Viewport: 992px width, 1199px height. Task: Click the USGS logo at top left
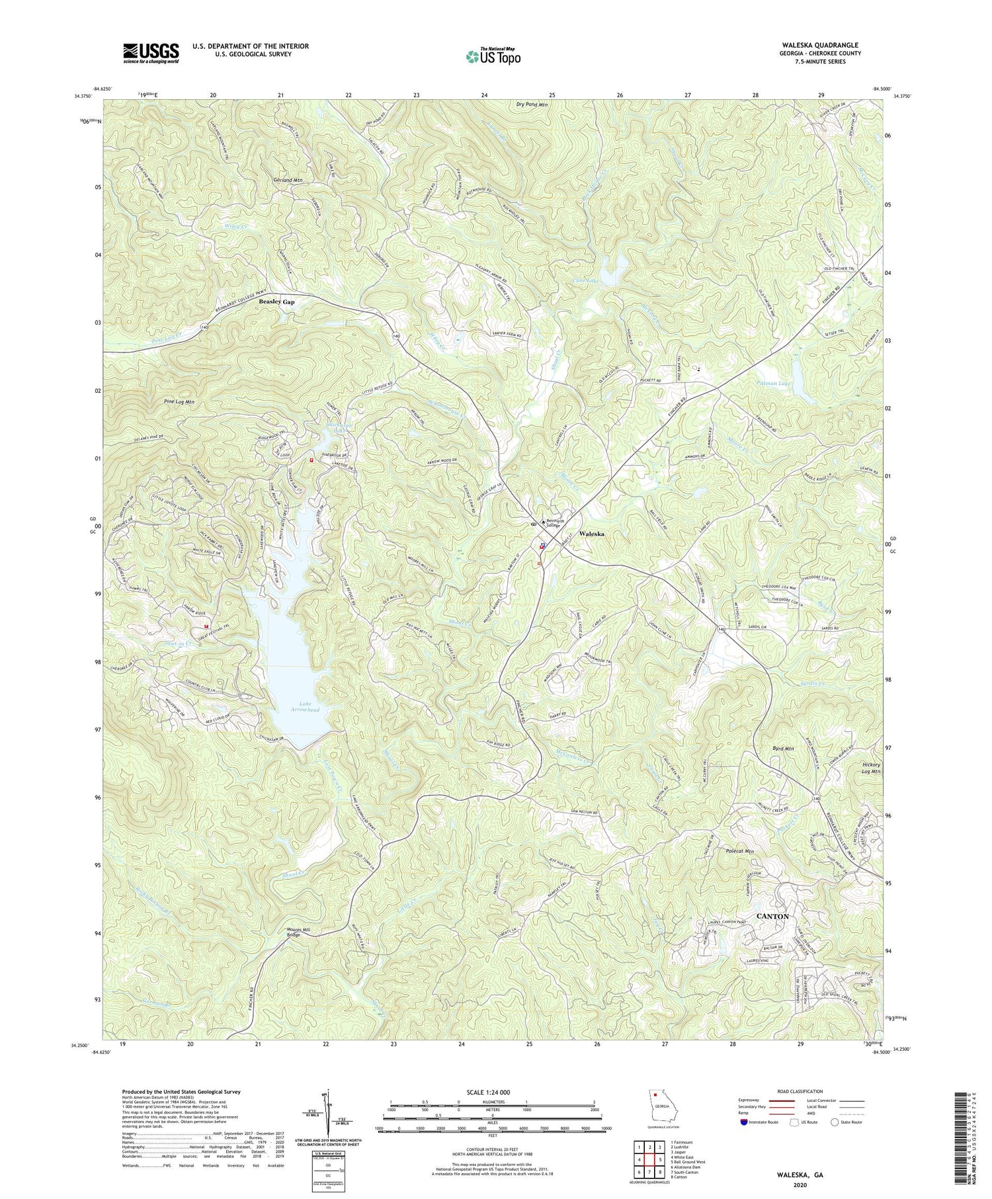pyautogui.click(x=150, y=53)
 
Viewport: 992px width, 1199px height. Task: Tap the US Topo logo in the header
pyautogui.click(x=493, y=56)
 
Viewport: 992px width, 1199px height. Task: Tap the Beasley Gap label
pyautogui.click(x=276, y=302)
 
